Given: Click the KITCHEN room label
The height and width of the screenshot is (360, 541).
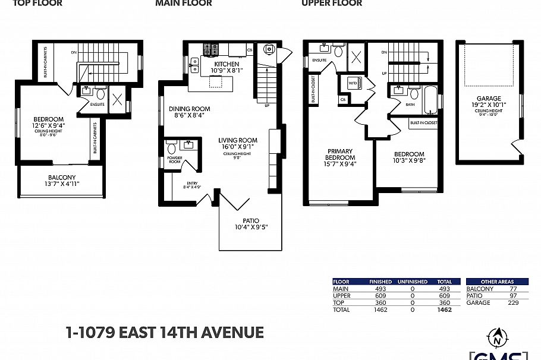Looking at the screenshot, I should tap(227, 64).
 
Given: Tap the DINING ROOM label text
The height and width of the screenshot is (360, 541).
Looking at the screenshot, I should tap(189, 109).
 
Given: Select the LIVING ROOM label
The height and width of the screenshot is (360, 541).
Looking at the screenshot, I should tap(237, 140).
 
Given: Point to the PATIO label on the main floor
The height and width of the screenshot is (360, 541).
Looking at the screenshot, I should tap(250, 220).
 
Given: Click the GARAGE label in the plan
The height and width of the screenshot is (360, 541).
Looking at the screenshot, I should tap(489, 99).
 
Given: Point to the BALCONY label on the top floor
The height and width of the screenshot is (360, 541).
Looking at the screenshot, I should tap(62, 177).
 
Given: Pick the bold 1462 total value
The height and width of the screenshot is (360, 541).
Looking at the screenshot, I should tap(444, 310).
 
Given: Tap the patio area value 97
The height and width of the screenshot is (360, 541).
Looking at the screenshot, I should tap(514, 296).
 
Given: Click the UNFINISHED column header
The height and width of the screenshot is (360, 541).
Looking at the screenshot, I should tap(413, 282).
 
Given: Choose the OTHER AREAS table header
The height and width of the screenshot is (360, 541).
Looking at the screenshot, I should tap(498, 282).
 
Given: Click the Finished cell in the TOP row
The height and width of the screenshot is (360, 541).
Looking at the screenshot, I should tap(379, 303).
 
